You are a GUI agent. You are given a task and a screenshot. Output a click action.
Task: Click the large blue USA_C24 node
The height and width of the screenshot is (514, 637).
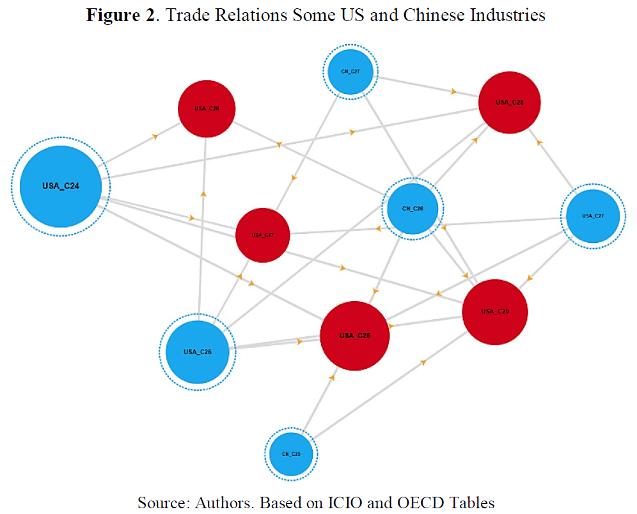pyautogui.click(x=61, y=186)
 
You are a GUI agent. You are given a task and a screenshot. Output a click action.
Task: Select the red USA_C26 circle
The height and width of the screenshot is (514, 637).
pyautogui.click(x=207, y=109)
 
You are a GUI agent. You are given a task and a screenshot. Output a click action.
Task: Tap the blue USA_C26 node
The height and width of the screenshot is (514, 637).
pyautogui.click(x=198, y=352)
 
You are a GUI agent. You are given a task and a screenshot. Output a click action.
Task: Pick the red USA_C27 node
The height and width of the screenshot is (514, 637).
pyautogui.click(x=263, y=235)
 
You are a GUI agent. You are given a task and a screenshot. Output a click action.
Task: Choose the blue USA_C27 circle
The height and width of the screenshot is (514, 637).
pyautogui.click(x=593, y=216)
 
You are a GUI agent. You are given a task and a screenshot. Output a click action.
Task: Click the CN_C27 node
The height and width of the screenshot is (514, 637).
pyautogui.click(x=350, y=72)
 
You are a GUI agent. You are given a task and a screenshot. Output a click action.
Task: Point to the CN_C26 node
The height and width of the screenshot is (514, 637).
pyautogui.click(x=413, y=208)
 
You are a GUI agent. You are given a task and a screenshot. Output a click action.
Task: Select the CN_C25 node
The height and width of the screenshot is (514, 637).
pyautogui.click(x=292, y=454)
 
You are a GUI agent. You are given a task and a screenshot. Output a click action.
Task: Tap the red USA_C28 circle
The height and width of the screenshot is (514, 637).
pyautogui.click(x=510, y=102)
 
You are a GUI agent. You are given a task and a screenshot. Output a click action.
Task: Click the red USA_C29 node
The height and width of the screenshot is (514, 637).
pyautogui.click(x=494, y=312)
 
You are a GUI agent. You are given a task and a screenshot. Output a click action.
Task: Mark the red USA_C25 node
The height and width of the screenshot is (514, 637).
pyautogui.click(x=354, y=336)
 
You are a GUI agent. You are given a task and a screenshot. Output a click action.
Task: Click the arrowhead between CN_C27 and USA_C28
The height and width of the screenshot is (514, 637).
pyautogui.click(x=453, y=92)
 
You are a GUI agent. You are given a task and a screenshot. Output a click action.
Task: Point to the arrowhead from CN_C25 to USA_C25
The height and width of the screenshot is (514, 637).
pyautogui.click(x=332, y=378)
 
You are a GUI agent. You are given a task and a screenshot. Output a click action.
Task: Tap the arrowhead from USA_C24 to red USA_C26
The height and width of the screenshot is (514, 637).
pyautogui.click(x=154, y=136)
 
